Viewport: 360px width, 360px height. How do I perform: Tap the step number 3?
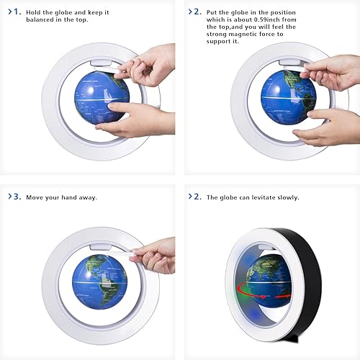17,197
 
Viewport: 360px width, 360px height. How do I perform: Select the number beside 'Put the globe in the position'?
197,12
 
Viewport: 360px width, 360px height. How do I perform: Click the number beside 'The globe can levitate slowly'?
197,197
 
